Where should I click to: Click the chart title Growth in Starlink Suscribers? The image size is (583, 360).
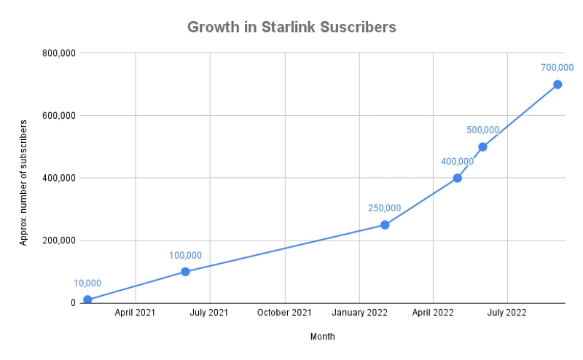(291, 27)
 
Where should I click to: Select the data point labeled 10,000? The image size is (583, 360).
(87, 300)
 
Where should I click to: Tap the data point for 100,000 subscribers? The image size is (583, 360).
(185, 272)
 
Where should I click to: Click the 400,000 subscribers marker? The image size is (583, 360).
(457, 178)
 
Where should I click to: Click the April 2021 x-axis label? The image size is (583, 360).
(136, 313)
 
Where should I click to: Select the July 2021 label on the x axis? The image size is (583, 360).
(210, 313)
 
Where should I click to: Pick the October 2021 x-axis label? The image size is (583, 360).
(284, 313)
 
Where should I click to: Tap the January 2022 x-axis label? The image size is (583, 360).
(359, 313)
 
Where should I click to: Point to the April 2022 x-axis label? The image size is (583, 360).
(433, 313)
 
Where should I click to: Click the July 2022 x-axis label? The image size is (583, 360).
(507, 313)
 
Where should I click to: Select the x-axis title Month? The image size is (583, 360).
(323, 337)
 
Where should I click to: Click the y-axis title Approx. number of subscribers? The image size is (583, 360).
(23, 179)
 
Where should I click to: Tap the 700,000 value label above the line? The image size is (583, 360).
(557, 68)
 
